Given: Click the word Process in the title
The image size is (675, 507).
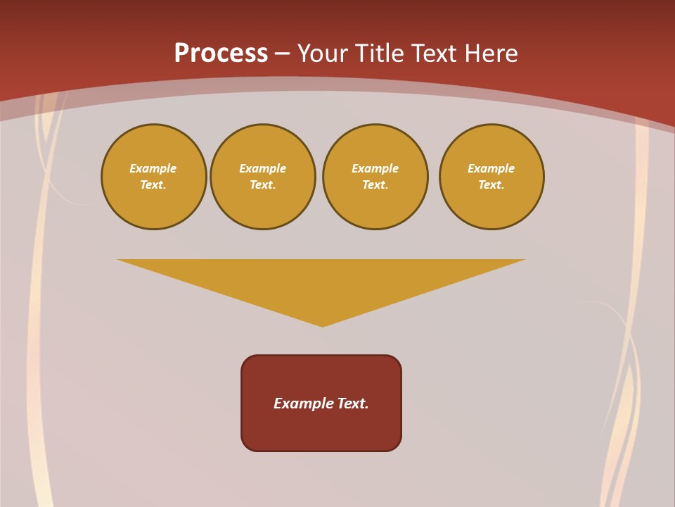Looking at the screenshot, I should pyautogui.click(x=221, y=54).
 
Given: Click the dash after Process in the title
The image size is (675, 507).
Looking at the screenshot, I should pyautogui.click(x=282, y=54).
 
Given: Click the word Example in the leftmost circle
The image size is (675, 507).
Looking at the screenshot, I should pyautogui.click(x=153, y=168).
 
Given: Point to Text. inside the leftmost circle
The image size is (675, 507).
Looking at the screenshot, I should pyautogui.click(x=153, y=185).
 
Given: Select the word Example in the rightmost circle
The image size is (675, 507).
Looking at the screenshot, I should pyautogui.click(x=491, y=168).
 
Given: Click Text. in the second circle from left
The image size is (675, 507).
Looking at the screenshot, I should pyautogui.click(x=263, y=185).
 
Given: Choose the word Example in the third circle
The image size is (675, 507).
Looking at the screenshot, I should pyautogui.click(x=375, y=168).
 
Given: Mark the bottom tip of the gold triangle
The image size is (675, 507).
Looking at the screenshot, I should pyautogui.click(x=322, y=325).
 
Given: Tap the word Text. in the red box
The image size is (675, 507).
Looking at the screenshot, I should pyautogui.click(x=354, y=403).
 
